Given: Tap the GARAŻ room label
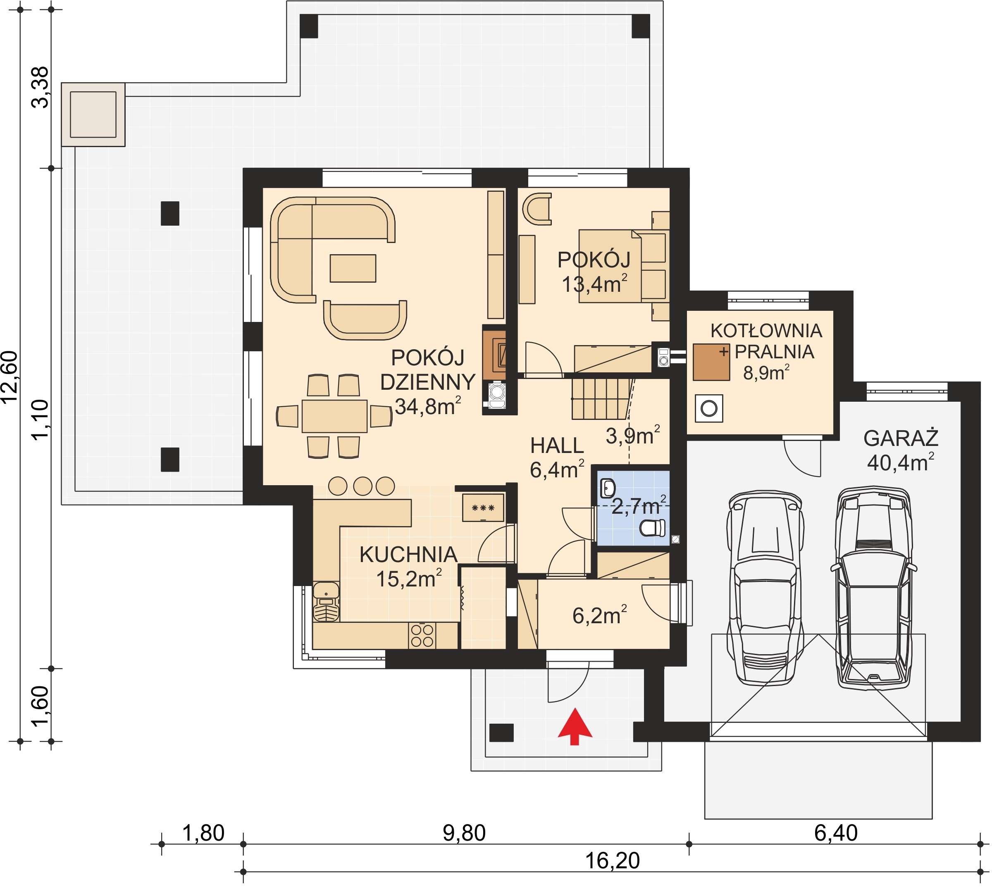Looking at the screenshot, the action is pos(901,438).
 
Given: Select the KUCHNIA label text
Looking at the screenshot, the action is pos(409,555).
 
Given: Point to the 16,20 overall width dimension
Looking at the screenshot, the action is pos(613,860).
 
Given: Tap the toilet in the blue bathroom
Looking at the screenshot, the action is pos(653,529).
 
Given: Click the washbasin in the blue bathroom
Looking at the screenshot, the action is pos(608,488).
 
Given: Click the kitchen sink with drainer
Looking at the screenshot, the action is pos(326,602).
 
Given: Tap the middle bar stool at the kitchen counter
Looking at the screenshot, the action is pos(362,486).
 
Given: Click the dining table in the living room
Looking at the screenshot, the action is pos(335,416).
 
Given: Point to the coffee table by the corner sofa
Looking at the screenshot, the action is pos(353,268).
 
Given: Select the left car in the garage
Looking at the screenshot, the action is pos(765,588).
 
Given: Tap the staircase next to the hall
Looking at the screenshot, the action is pos(602,398).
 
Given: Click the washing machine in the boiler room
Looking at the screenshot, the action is pos(709,408).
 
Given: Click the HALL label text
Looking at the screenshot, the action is pos(557,446).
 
